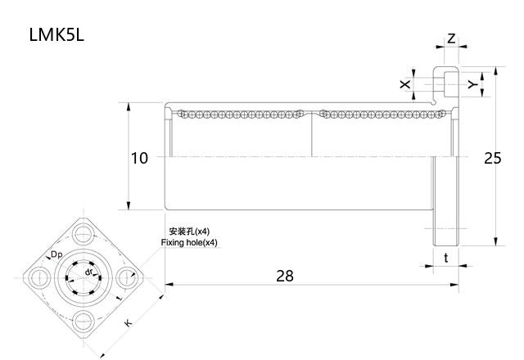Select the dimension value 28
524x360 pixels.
(x=284, y=276)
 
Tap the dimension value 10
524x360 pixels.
(x=140, y=158)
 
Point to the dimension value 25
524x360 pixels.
(x=492, y=158)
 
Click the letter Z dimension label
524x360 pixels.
(x=451, y=38)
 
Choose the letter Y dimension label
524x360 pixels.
(x=472, y=84)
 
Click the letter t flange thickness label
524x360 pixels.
(x=445, y=258)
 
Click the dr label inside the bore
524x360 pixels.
(x=88, y=272)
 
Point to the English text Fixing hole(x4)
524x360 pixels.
(x=190, y=243)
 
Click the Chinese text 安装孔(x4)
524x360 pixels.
(x=189, y=232)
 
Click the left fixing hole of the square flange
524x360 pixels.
(x=40, y=277)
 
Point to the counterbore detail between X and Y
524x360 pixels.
(x=445, y=84)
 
